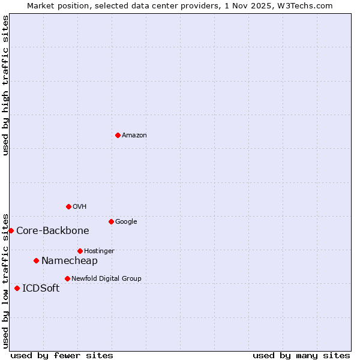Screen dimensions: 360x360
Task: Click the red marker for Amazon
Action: point(118,135)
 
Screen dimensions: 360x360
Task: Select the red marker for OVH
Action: point(68,206)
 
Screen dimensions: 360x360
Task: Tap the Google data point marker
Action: point(111,221)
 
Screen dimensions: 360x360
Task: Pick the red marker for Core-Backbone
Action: point(11,230)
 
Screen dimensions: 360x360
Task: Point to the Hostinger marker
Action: point(80,251)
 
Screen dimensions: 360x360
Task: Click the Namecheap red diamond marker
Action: point(36,260)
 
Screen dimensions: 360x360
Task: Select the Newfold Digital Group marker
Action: point(67,278)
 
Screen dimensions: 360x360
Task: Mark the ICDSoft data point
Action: point(17,288)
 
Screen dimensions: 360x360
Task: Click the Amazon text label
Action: point(134,136)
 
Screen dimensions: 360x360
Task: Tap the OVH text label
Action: point(80,207)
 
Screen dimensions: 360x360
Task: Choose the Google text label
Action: point(126,222)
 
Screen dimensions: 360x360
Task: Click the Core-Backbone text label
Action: point(53,231)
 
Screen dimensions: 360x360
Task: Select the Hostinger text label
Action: point(99,251)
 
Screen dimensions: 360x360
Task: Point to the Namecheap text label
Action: point(69,261)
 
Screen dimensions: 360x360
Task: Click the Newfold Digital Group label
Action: point(106,279)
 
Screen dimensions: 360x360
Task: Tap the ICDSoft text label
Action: point(41,289)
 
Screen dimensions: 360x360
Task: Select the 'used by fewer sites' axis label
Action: point(62,356)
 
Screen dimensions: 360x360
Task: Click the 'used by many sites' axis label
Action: point(301,356)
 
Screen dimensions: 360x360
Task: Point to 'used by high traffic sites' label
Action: point(6,85)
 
